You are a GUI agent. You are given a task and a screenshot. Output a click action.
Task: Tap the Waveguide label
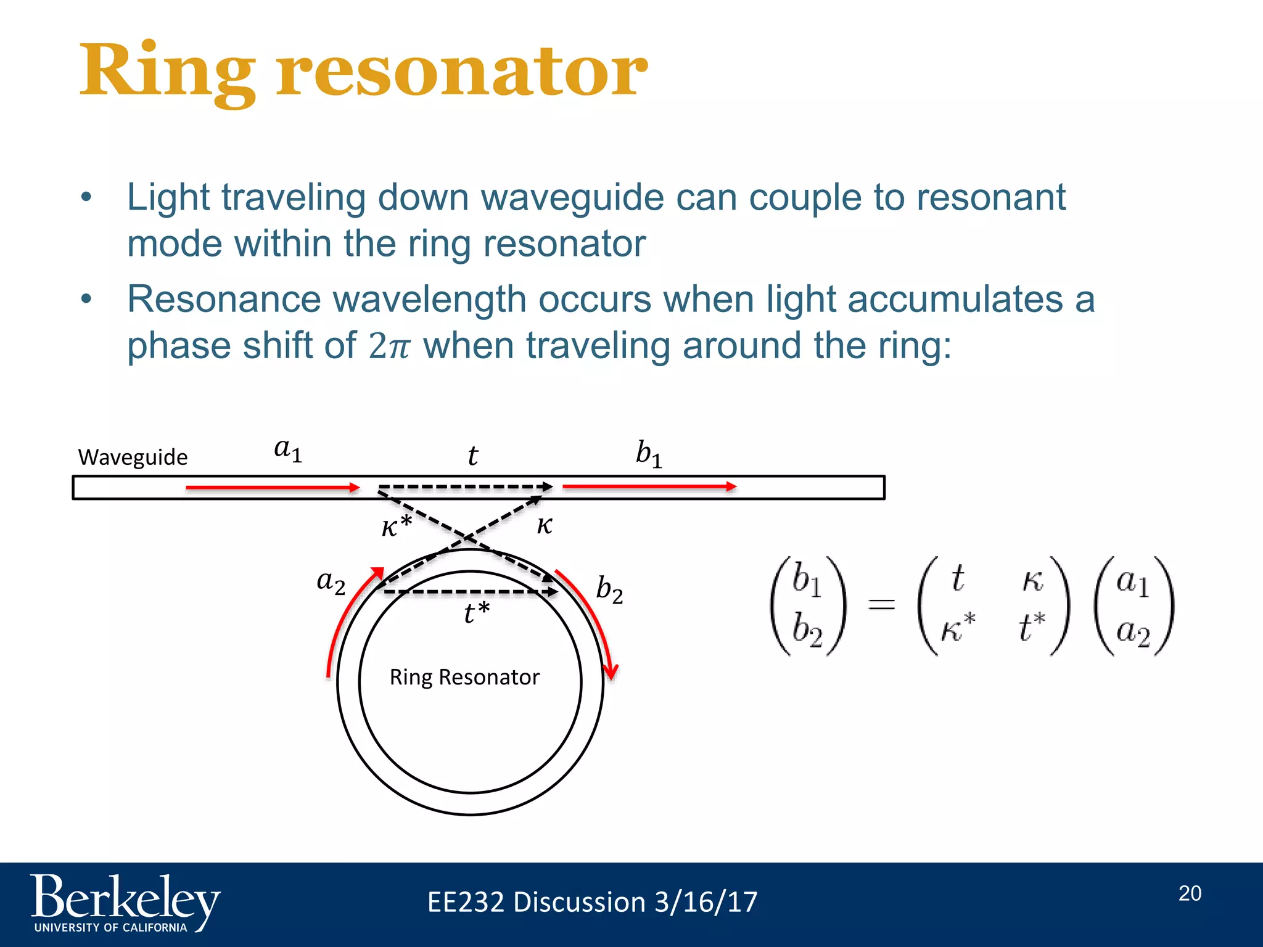pyautogui.click(x=133, y=457)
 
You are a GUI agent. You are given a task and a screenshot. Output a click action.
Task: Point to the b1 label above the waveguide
pyautogui.click(x=649, y=454)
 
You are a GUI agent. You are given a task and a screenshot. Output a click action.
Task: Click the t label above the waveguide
pyautogui.click(x=472, y=456)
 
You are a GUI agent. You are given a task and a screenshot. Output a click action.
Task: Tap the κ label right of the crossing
pyautogui.click(x=544, y=525)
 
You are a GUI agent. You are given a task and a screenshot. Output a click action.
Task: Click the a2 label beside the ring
pyautogui.click(x=331, y=581)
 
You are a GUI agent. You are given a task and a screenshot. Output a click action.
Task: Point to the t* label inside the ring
pyautogui.click(x=476, y=613)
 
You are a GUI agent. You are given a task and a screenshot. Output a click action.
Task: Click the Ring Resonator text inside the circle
pyautogui.click(x=464, y=677)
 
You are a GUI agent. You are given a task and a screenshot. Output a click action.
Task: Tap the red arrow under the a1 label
pyautogui.click(x=271, y=488)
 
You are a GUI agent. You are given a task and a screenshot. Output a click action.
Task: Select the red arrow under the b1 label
pyautogui.click(x=649, y=486)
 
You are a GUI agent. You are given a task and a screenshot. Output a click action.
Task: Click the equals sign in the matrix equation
pyautogui.click(x=881, y=604)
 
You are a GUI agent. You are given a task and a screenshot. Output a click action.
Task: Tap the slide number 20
pyautogui.click(x=1190, y=893)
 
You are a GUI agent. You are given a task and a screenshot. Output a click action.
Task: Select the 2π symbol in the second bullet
pyautogui.click(x=389, y=346)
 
